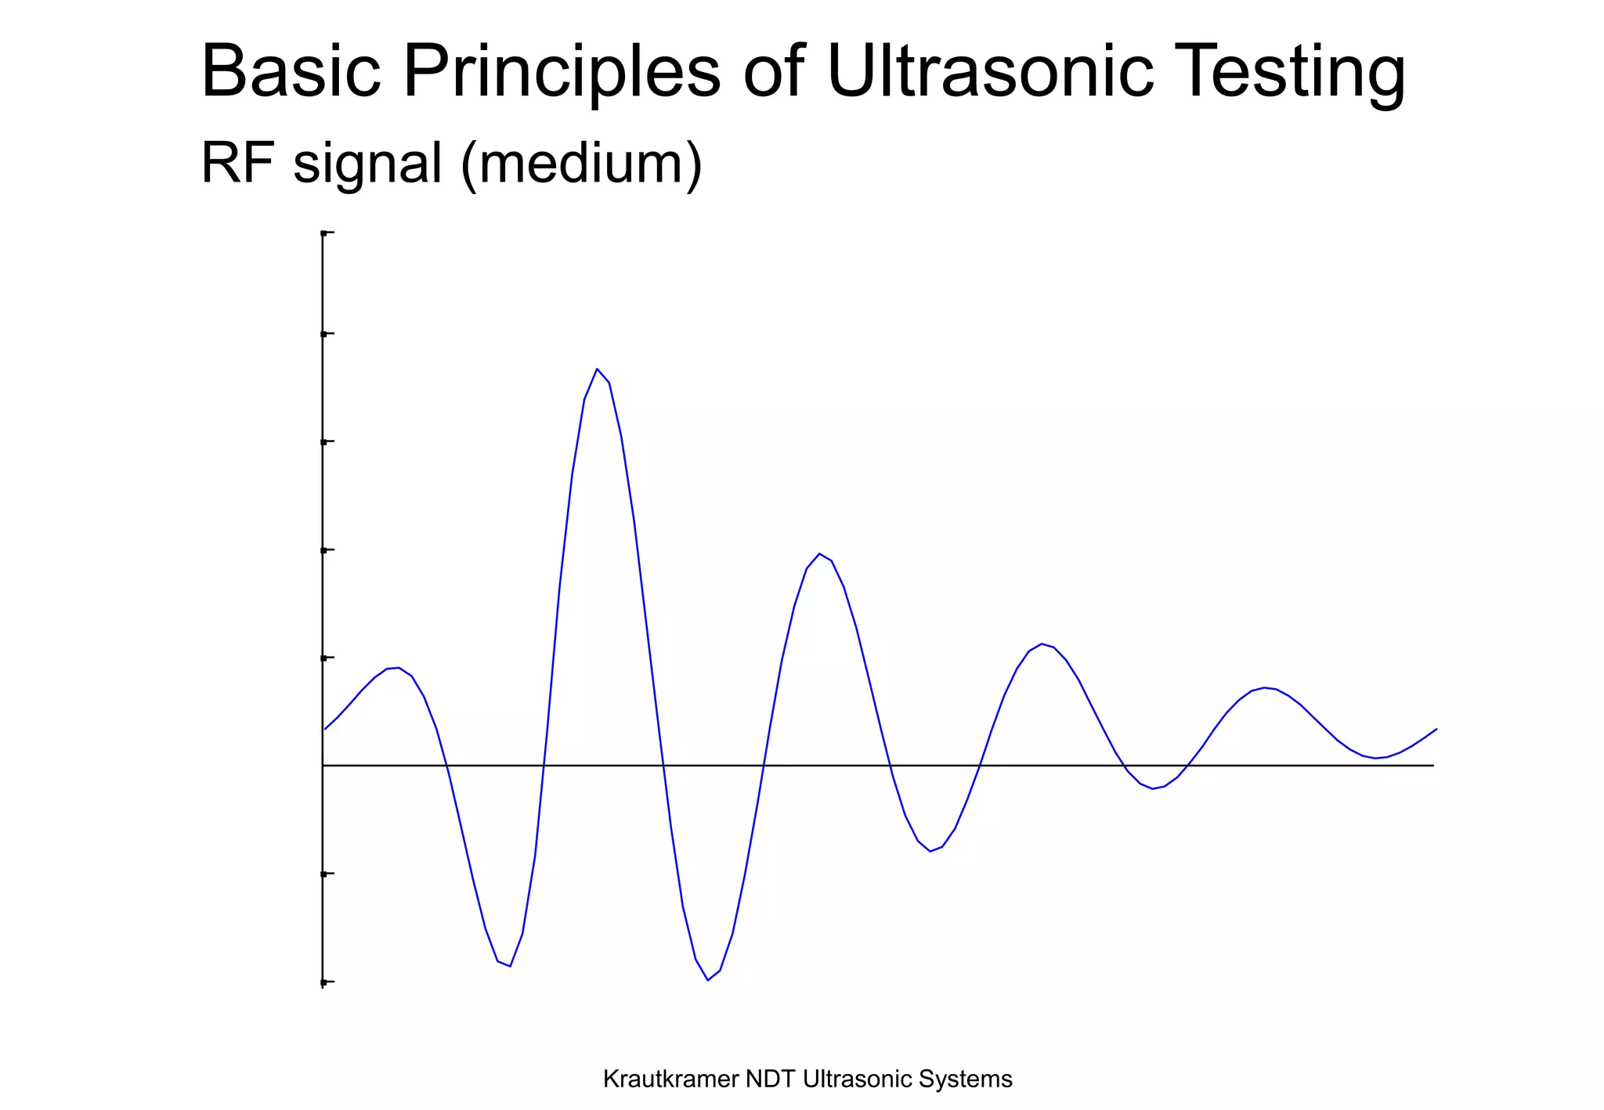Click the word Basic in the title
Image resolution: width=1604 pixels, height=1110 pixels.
[291, 72]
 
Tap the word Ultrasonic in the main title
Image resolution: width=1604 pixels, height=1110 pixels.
[989, 72]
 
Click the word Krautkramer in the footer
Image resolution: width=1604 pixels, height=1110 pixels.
[671, 1079]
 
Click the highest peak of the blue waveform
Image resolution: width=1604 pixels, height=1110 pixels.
[597, 369]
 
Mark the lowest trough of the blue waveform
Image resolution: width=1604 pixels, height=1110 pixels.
[707, 979]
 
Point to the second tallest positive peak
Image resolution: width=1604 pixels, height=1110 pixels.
[819, 554]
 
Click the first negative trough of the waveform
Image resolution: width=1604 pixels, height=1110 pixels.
[510, 966]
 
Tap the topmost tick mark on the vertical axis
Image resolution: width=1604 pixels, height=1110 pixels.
[325, 233]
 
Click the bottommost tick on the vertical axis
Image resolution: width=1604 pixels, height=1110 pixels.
[325, 981]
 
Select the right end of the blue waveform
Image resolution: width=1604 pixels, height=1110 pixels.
[1436, 730]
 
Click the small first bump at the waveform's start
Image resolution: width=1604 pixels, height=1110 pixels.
[398, 668]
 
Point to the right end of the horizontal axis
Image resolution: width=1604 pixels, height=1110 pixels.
[1432, 766]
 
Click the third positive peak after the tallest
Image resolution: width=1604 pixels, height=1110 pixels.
[1264, 687]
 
